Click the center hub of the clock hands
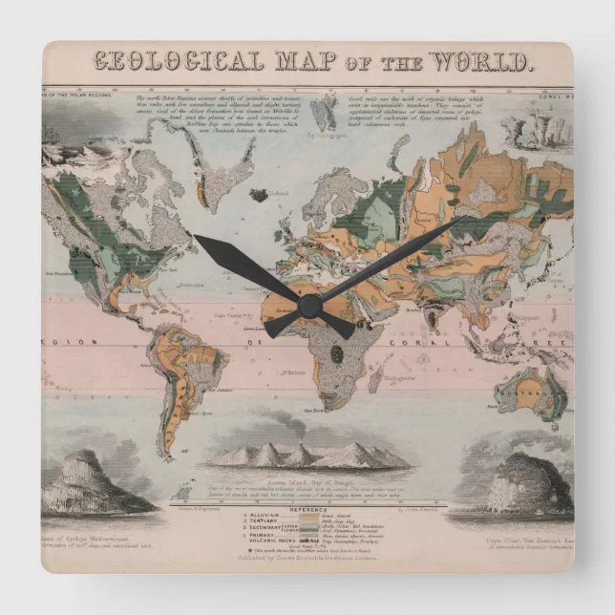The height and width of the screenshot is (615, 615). (309, 306)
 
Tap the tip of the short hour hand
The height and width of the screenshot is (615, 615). (195, 236)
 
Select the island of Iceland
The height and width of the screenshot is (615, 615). (258, 195)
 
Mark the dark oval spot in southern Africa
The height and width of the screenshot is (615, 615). (336, 354)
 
